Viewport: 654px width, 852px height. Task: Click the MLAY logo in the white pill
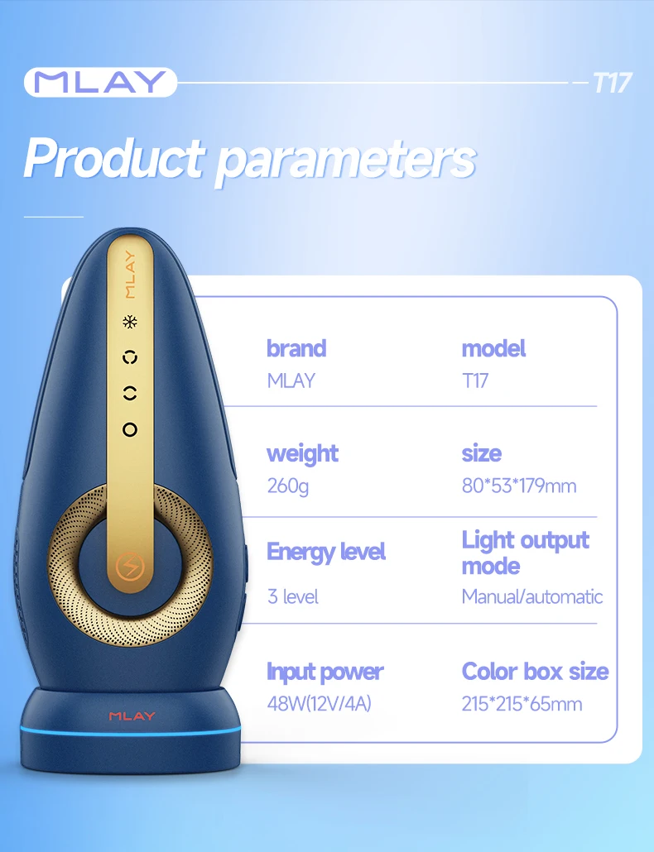100,82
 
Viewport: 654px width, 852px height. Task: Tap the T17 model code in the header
613,83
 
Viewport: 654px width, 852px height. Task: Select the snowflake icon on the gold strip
129,323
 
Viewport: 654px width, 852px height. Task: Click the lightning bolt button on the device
129,567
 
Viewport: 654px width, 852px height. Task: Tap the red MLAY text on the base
132,716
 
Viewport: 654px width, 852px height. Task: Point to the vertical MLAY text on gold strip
129,274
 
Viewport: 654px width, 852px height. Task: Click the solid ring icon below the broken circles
129,429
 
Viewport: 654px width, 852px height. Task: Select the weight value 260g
287,486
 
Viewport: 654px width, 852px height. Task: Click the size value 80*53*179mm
519,486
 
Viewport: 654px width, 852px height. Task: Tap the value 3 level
292,596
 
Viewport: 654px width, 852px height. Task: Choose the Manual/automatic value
532,596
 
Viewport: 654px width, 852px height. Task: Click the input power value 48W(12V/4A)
319,704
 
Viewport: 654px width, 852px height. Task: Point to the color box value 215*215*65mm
522,704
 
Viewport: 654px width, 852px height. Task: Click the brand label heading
296,348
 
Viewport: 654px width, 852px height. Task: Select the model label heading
493,348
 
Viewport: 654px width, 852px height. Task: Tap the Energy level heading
326,552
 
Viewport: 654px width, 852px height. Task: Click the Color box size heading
536,671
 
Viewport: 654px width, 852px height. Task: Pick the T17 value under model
475,381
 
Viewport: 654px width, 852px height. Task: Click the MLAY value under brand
291,381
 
